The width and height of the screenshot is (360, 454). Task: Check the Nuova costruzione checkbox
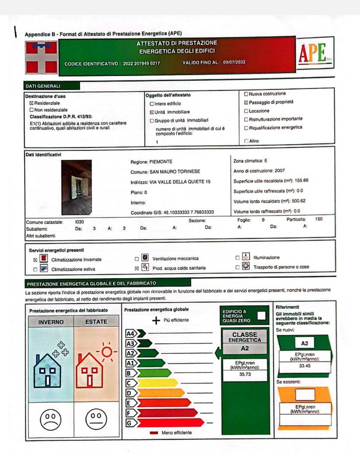click(246, 94)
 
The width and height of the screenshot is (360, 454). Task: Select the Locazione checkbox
click(246, 111)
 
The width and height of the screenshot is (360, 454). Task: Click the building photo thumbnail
click(76, 185)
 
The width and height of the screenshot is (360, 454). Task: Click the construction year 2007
click(280, 171)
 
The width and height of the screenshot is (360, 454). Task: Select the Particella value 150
click(319, 220)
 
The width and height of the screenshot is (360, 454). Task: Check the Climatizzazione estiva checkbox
click(35, 269)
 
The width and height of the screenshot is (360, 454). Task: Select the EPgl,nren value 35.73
click(245, 374)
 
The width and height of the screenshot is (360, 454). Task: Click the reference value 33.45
click(305, 365)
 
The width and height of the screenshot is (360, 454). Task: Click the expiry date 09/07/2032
click(234, 62)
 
